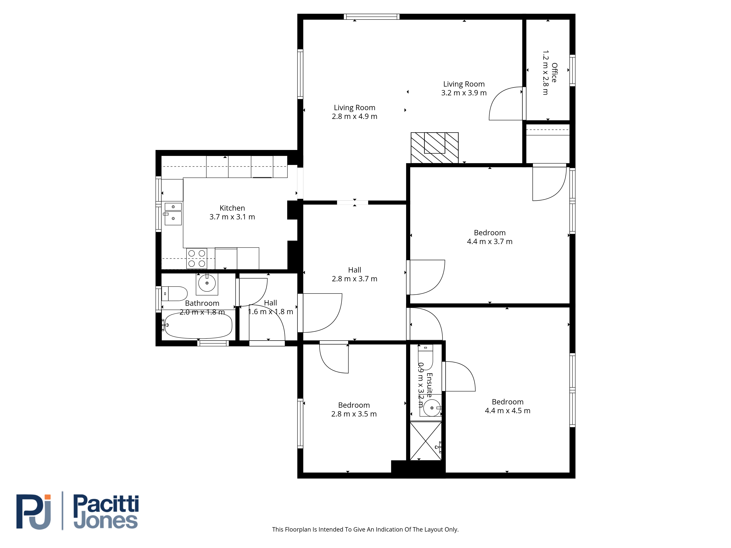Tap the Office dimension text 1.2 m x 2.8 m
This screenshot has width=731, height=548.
pyautogui.click(x=545, y=73)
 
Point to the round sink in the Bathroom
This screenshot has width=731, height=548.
pyautogui.click(x=207, y=283)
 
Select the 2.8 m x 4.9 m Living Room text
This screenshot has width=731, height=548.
pyautogui.click(x=355, y=116)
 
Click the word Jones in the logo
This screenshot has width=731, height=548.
pyautogui.click(x=106, y=521)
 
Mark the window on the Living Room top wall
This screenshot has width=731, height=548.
pyautogui.click(x=372, y=16)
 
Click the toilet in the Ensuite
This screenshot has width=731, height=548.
pyautogui.click(x=425, y=357)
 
